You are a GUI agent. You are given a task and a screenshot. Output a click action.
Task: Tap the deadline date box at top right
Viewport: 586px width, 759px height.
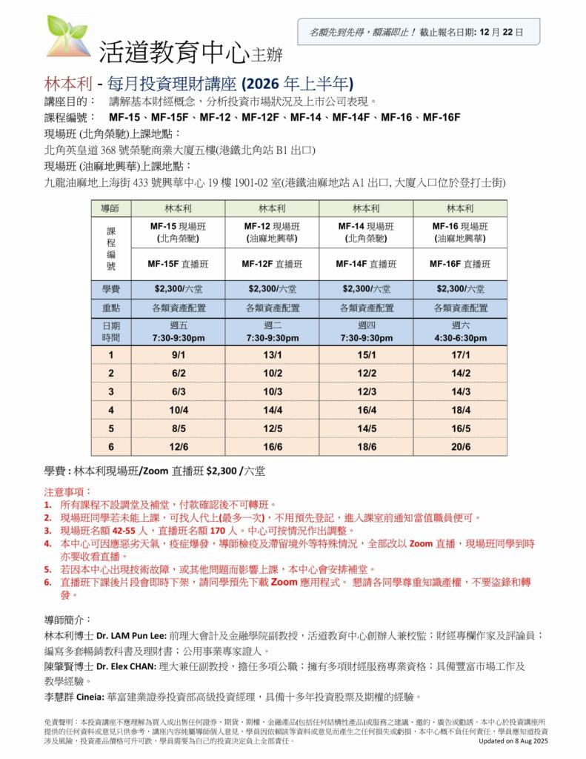(x=419, y=33)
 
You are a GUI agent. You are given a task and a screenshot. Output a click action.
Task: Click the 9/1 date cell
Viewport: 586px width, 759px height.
(x=177, y=354)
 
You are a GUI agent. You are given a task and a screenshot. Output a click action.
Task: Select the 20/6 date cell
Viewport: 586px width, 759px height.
(x=460, y=447)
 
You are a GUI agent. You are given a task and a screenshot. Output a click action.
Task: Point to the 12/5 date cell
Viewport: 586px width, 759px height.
(x=273, y=428)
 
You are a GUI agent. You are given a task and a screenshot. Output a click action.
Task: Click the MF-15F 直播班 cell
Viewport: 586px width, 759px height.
(x=177, y=263)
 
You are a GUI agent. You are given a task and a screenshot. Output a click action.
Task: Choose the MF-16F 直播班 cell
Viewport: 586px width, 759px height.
(x=460, y=263)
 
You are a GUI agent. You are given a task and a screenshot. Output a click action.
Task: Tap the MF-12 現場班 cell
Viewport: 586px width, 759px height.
(x=273, y=232)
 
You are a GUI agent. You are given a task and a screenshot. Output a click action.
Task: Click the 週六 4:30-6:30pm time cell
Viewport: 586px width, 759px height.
(x=460, y=331)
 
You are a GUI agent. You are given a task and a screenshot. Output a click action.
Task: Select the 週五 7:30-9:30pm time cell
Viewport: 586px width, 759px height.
(x=177, y=331)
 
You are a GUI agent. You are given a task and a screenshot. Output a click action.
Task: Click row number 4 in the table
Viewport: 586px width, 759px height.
(x=110, y=410)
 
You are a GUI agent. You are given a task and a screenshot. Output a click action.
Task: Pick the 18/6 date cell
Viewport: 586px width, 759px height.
(x=367, y=447)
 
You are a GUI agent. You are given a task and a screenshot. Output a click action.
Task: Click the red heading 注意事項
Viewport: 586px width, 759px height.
(x=67, y=491)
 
